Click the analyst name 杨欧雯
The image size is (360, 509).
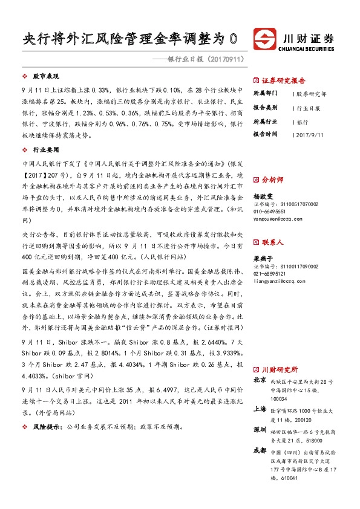point(264,197)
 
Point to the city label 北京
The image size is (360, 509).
point(260,380)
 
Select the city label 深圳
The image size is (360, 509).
point(260,429)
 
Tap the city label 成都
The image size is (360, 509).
point(260,450)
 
